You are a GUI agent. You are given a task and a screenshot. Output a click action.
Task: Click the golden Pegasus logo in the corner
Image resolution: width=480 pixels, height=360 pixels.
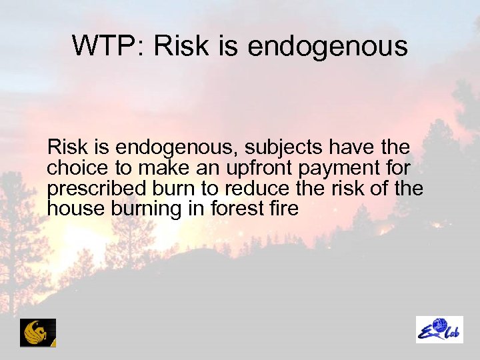[x=38, y=332]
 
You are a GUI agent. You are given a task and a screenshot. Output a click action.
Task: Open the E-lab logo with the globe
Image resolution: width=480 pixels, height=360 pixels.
[x=439, y=329]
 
